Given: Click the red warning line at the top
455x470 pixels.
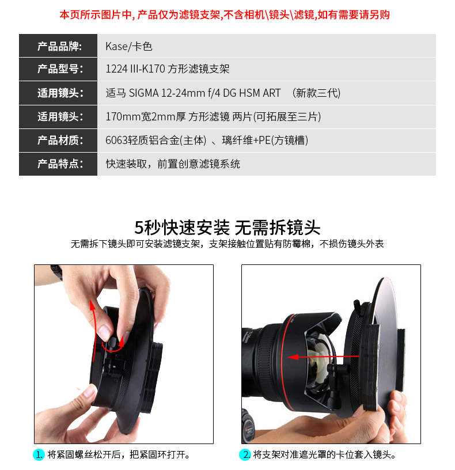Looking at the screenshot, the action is point(224,14).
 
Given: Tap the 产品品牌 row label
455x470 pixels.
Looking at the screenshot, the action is point(59,46).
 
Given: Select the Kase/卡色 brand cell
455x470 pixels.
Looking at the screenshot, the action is point(129,46).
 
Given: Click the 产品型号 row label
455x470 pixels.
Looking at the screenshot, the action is point(60,69).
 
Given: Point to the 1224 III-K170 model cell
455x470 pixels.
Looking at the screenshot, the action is point(167,69).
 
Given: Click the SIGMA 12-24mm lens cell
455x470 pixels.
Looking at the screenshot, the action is point(223,93).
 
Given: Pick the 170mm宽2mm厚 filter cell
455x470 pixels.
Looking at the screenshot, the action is point(213,116).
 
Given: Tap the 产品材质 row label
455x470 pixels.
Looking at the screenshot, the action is point(60,141).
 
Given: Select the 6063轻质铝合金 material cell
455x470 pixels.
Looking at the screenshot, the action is point(207,141).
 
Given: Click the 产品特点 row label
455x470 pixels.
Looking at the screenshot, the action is point(60,164).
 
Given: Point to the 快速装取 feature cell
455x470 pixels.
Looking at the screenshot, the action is point(173,164).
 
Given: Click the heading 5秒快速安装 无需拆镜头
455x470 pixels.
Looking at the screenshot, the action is point(227,228).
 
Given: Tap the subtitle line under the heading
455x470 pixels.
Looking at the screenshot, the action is point(227,244).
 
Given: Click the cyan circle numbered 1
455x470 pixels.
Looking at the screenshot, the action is point(39,454).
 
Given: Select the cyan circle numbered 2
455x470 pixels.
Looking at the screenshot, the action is point(245,454).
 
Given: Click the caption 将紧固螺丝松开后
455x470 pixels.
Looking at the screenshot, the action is point(84,454).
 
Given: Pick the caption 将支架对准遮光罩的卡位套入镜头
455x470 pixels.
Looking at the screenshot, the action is point(324,454).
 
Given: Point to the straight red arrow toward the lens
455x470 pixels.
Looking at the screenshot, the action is point(324,357).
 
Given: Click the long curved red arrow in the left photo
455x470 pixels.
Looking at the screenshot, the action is point(94,329).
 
